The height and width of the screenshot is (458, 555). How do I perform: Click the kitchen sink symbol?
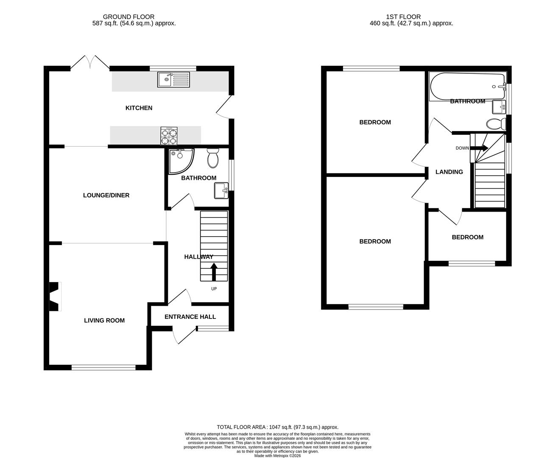[174, 79]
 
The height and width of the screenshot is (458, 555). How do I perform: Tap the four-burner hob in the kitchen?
[170, 136]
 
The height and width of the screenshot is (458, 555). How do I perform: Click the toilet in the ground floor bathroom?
[213, 159]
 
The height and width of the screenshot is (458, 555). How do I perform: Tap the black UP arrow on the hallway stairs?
[213, 272]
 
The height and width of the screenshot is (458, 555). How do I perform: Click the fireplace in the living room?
[54, 297]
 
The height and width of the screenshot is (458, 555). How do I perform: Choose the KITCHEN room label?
[139, 108]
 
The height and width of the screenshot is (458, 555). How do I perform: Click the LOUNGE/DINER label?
[106, 195]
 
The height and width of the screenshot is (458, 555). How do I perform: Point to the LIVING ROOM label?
[104, 321]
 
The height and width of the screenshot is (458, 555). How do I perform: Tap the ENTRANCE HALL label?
[190, 317]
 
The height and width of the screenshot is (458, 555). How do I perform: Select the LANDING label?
[449, 172]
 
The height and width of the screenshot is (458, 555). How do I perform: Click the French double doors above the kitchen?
[90, 63]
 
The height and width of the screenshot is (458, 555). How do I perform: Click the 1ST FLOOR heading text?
[403, 17]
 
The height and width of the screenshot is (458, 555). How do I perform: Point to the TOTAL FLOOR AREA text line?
[277, 427]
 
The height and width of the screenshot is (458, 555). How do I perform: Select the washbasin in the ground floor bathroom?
[221, 190]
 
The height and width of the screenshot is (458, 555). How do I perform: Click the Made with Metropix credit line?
[277, 456]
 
